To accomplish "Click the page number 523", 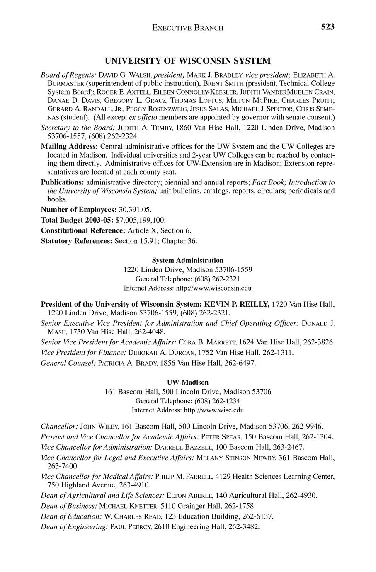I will (x=327, y=27).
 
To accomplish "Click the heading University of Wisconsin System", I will (x=187, y=61).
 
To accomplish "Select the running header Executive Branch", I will (x=188, y=28).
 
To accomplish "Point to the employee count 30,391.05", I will (x=131, y=210).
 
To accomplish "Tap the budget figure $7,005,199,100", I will (x=141, y=220).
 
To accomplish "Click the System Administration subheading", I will (x=187, y=260).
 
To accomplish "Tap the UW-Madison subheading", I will (x=188, y=382).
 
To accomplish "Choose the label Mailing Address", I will (x=69, y=147).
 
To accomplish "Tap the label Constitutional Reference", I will (x=83, y=230).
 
